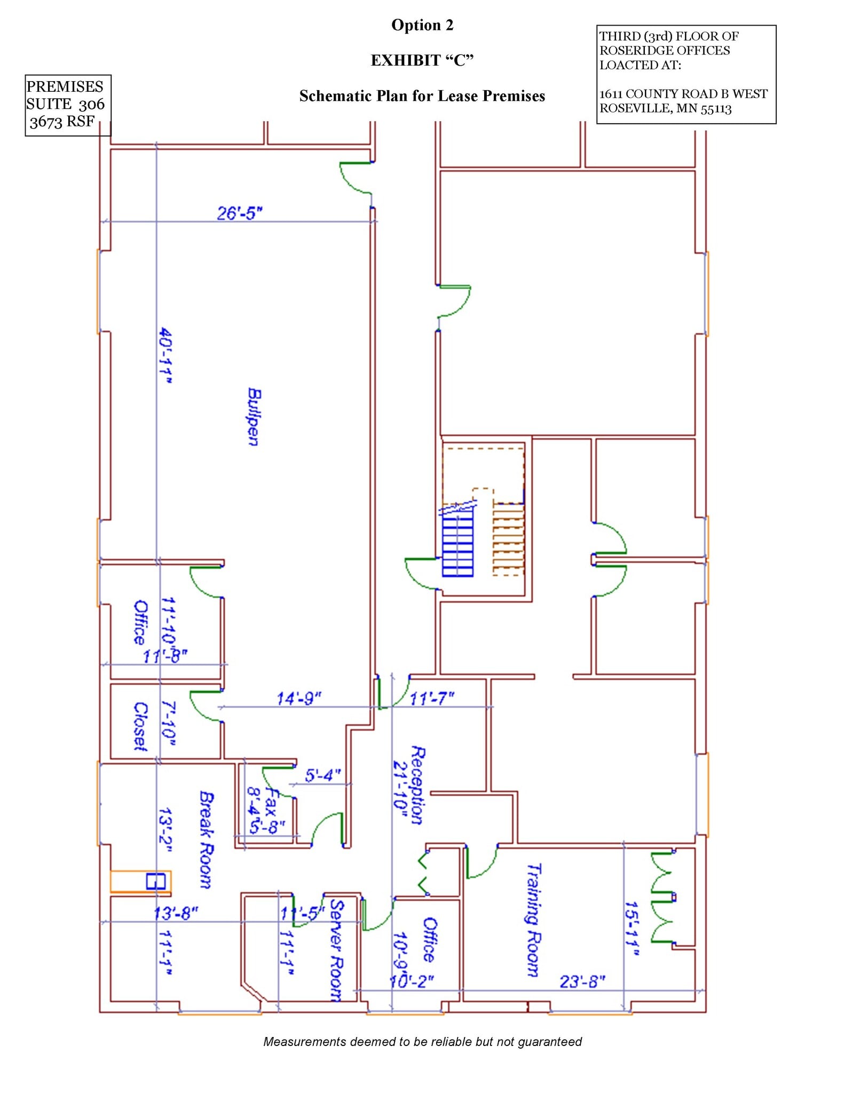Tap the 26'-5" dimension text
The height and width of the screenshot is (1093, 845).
point(240,213)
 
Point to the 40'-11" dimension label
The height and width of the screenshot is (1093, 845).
point(166,356)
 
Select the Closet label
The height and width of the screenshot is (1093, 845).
point(140,726)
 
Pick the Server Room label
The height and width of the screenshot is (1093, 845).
point(336,951)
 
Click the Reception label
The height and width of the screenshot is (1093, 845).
point(418,785)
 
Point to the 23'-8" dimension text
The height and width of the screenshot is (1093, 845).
point(582,981)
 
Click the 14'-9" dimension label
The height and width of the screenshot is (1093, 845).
point(299,698)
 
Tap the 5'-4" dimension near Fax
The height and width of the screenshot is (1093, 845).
point(322,775)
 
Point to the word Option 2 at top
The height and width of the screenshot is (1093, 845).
point(422,25)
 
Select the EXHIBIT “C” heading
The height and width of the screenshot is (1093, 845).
point(422,60)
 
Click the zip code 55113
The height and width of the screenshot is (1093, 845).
point(716,108)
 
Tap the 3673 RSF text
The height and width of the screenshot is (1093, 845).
point(62,122)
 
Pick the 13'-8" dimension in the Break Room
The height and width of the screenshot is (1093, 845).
point(176,913)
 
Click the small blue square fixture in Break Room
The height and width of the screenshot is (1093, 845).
point(155,881)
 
